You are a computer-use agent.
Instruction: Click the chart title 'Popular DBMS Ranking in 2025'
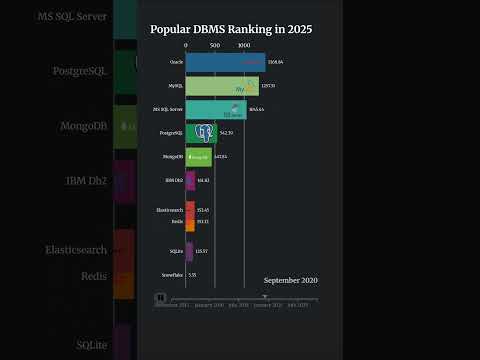click(x=231, y=29)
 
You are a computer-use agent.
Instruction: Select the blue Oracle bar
click(x=225, y=63)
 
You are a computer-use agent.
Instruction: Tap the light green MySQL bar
click(x=221, y=86)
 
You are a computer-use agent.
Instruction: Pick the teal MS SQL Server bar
click(x=215, y=109)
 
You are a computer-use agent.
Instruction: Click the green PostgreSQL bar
click(x=201, y=132)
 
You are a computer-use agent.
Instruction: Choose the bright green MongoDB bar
click(x=198, y=156)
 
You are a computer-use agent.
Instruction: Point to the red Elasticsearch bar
click(x=190, y=210)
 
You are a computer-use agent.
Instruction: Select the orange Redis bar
click(x=190, y=222)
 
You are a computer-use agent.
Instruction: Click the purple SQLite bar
click(x=189, y=250)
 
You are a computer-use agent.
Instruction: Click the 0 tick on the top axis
click(x=186, y=45)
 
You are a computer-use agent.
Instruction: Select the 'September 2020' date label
click(x=290, y=281)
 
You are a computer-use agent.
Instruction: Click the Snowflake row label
click(x=172, y=274)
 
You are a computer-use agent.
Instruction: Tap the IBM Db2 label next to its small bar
click(x=173, y=180)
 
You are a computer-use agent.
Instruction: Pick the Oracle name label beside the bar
click(x=176, y=63)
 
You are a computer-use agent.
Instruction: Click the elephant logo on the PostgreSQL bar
click(x=205, y=132)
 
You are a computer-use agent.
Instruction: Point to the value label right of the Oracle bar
click(x=276, y=63)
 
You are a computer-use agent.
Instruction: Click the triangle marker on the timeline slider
click(x=264, y=296)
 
